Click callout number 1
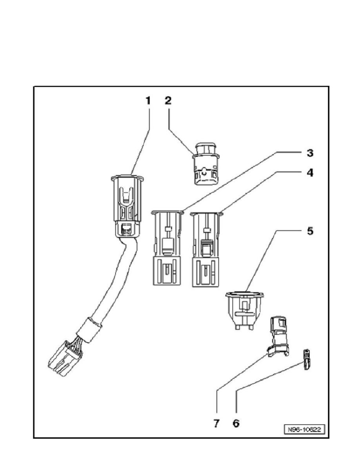click(x=148, y=101)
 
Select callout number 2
click(x=168, y=101)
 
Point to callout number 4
click(x=310, y=173)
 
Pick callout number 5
click(x=310, y=231)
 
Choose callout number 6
click(x=236, y=424)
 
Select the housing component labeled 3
click(x=167, y=248)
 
